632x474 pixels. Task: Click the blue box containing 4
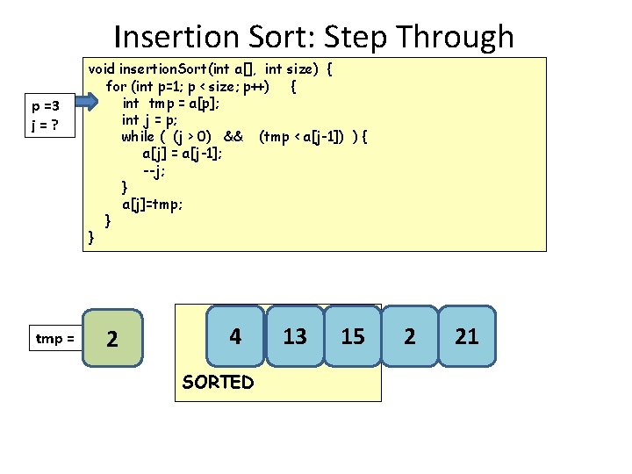pos(235,335)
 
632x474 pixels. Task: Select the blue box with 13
pos(295,335)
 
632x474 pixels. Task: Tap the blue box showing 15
pos(352,335)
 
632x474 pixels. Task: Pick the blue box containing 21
pos(467,335)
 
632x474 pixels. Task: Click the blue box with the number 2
pos(410,335)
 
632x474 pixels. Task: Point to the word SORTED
pos(218,382)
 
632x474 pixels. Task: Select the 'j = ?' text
pos(45,125)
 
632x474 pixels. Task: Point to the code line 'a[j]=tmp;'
pos(153,204)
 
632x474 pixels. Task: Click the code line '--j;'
pos(154,169)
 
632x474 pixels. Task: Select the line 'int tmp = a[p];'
pos(171,103)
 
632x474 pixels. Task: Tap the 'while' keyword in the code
pos(138,136)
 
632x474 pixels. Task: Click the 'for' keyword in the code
pos(116,86)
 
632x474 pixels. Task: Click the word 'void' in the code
pos(102,68)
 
